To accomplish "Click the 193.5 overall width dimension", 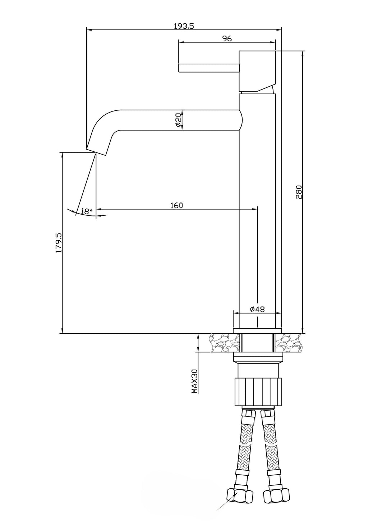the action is tap(184, 26).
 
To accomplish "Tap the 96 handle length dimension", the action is tap(227, 38).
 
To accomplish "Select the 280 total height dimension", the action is tap(299, 192).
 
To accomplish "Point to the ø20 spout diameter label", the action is tap(179, 120).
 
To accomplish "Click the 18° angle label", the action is tap(86, 211).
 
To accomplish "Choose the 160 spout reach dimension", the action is tap(177, 206).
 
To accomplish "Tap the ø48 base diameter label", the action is tap(257, 309).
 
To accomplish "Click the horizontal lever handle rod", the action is tap(209, 68).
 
